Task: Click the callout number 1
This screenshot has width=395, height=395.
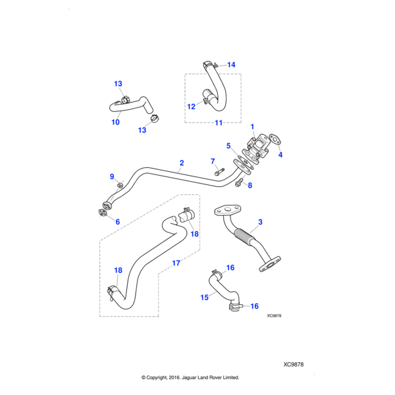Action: pyautogui.click(x=252, y=125)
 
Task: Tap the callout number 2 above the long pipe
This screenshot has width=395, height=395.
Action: pyautogui.click(x=181, y=162)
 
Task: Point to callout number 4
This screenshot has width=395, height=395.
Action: pyautogui.click(x=280, y=155)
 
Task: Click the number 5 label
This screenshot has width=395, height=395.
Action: pyautogui.click(x=228, y=145)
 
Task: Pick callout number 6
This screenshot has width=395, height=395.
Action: pyautogui.click(x=117, y=222)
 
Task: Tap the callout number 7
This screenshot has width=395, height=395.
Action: pyautogui.click(x=213, y=161)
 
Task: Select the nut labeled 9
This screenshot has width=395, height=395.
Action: pyautogui.click(x=120, y=183)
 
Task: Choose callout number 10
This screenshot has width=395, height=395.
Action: pyautogui.click(x=115, y=122)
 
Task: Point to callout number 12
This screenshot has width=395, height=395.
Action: pyautogui.click(x=191, y=106)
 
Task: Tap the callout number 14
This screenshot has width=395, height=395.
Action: pyautogui.click(x=230, y=65)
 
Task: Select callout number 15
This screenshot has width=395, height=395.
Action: pyautogui.click(x=205, y=298)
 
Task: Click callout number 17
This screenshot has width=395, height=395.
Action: pyautogui.click(x=176, y=263)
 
